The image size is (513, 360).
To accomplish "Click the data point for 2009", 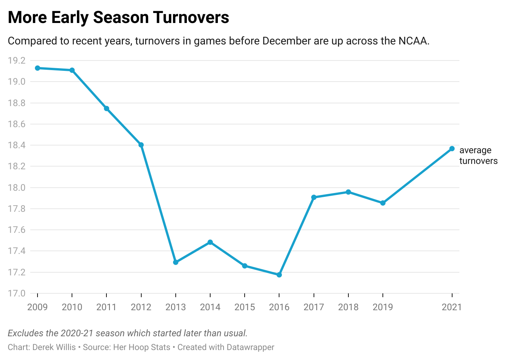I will (x=38, y=68).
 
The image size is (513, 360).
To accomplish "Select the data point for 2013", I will (x=176, y=262).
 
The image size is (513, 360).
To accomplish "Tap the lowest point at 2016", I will (x=279, y=275).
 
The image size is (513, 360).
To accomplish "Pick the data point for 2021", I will (x=452, y=149).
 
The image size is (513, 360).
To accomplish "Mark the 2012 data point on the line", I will (x=141, y=145).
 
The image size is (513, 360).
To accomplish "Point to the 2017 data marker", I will (x=314, y=197).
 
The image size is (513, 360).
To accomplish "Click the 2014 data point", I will (x=210, y=242).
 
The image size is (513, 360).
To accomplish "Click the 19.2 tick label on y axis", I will (x=16, y=61).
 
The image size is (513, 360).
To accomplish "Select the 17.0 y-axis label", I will (x=16, y=293).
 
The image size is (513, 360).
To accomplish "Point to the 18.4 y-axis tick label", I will (x=16, y=145).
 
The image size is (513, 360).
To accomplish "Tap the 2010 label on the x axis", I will (x=72, y=307).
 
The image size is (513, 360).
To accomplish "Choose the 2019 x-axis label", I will (x=383, y=307).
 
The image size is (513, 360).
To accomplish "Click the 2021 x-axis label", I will (x=452, y=307).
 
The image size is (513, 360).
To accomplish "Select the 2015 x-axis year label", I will (x=245, y=307).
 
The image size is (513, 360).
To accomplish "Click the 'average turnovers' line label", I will (x=478, y=155).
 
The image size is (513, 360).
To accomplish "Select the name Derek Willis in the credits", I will (x=54, y=347).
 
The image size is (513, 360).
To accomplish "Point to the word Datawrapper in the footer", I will (x=250, y=347).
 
